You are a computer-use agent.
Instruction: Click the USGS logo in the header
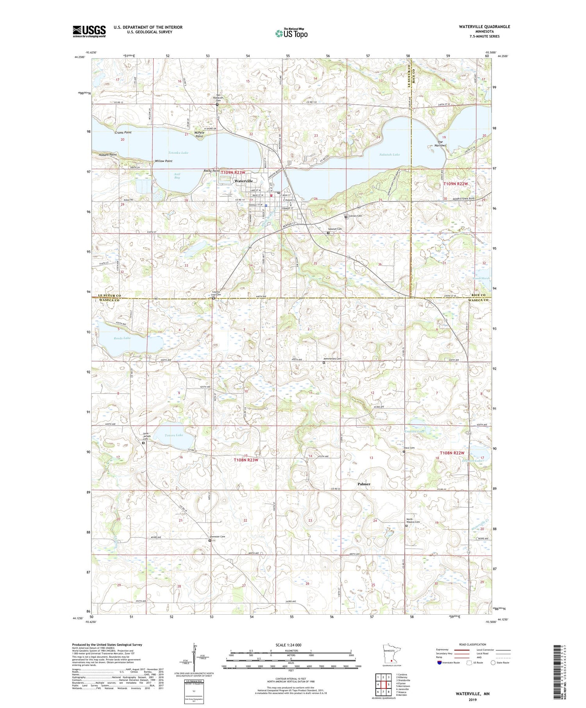click(89, 31)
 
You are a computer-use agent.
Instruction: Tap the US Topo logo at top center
click(291, 34)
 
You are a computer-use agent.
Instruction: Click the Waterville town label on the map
click(243, 181)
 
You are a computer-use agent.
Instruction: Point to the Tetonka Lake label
click(178, 153)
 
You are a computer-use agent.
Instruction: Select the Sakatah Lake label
click(389, 155)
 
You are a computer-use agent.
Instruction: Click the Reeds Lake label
click(121, 338)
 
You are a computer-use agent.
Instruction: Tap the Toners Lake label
click(174, 435)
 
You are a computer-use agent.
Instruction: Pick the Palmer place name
click(364, 483)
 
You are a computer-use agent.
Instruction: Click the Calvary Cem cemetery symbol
click(346, 217)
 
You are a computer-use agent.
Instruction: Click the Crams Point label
click(123, 132)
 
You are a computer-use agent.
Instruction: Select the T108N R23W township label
click(246, 460)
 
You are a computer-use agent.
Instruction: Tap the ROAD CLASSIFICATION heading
click(473, 644)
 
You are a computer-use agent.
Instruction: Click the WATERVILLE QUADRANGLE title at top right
click(479, 27)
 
